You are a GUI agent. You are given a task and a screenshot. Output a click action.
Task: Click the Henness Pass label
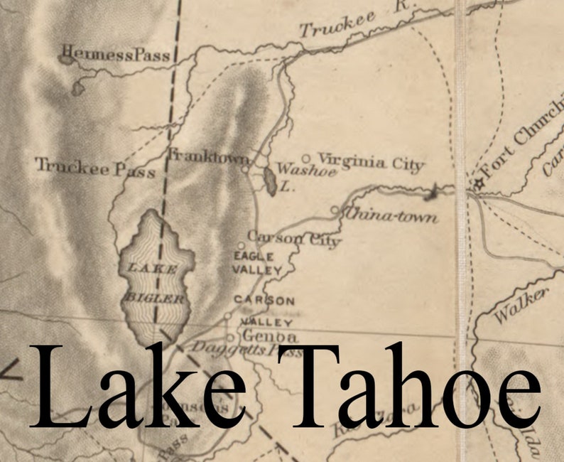[116, 55]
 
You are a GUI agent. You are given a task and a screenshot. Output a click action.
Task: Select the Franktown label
[208, 157]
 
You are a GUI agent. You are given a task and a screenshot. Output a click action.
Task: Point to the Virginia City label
[370, 162]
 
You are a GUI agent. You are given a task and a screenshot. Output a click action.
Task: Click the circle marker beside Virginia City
[307, 159]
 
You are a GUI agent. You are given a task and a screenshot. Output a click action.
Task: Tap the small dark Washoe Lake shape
[271, 181]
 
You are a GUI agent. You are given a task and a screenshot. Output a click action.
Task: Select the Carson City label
[293, 238]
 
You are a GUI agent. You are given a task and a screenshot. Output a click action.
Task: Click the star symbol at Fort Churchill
[478, 184]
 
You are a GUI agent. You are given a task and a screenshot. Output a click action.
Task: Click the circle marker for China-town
[335, 210]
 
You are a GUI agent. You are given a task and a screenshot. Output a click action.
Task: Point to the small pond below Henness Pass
[77, 90]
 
